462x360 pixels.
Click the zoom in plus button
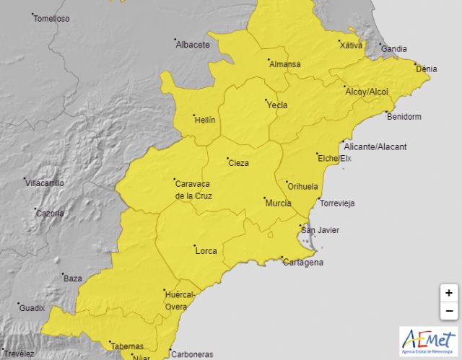[449, 293]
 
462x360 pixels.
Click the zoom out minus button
[449, 311]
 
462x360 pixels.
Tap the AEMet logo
[428, 340]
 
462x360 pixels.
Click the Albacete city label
[193, 45]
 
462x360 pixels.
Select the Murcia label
[278, 203]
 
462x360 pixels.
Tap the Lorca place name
[206, 251]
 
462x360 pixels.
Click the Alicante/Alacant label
[375, 146]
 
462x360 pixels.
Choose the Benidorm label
[404, 117]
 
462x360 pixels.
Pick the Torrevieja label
[337, 203]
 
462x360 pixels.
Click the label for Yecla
[277, 105]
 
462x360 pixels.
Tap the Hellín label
[205, 120]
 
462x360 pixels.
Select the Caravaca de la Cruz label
[194, 189]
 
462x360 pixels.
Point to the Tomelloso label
[52, 19]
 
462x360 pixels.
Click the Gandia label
[394, 49]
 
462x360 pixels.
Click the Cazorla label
[50, 214]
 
